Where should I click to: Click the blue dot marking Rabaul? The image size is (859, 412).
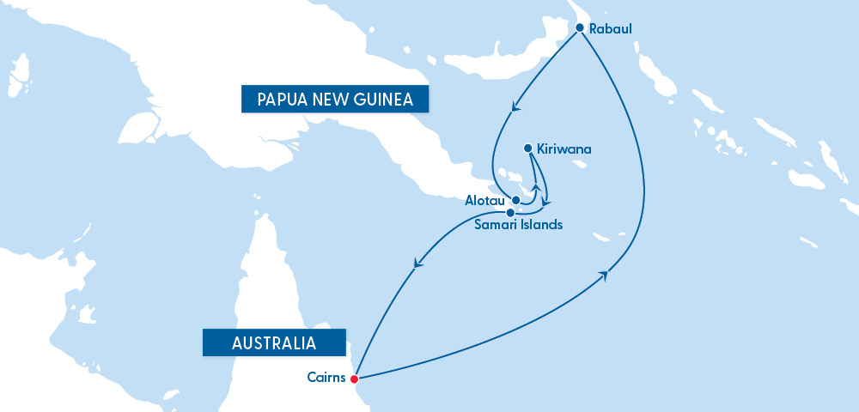point(580,28)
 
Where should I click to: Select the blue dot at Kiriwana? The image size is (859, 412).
point(527,148)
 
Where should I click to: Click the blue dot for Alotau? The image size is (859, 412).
point(516,200)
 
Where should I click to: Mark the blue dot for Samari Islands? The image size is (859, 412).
point(510,212)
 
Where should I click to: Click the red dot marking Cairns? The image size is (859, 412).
point(354,378)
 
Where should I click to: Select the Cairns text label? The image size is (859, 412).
point(326,377)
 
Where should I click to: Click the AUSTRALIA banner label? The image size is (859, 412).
point(273,342)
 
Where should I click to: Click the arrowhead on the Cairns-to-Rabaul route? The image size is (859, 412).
point(606,275)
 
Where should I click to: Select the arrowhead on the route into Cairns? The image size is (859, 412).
point(419,264)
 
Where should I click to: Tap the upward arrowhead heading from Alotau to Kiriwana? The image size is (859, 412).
point(537,187)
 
